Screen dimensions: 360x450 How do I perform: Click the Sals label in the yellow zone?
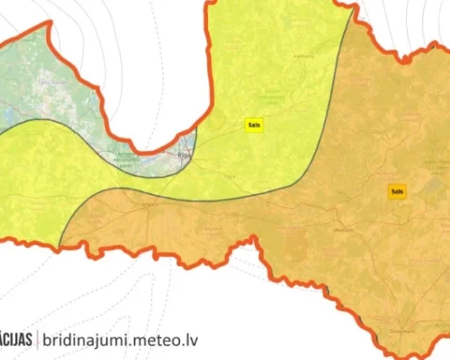254,125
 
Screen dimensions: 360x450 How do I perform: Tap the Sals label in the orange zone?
397,191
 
